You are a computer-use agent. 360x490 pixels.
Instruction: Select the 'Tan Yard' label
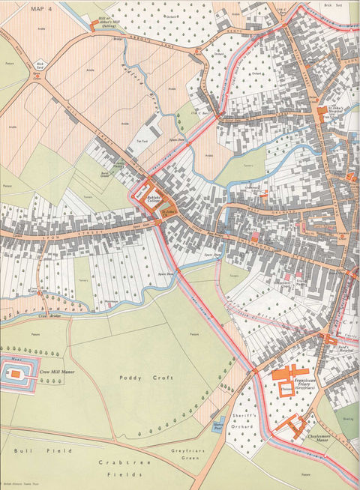pos(140,142)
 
